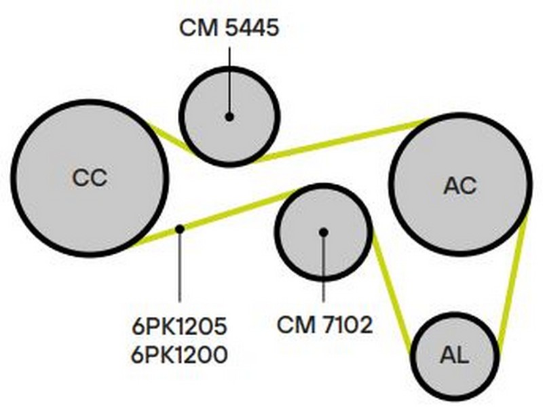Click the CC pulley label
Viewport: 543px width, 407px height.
coord(90,178)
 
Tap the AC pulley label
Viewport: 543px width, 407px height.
coord(460,185)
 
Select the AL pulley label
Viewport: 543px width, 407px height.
coord(455,355)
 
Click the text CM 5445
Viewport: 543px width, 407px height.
coord(229,28)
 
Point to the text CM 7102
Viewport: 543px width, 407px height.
coord(325,325)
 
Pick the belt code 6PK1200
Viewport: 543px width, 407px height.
coord(179,353)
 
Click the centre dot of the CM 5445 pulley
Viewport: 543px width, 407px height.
coord(229,117)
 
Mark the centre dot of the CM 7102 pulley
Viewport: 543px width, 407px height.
coord(324,232)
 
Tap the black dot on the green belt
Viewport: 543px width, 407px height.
coord(179,229)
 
